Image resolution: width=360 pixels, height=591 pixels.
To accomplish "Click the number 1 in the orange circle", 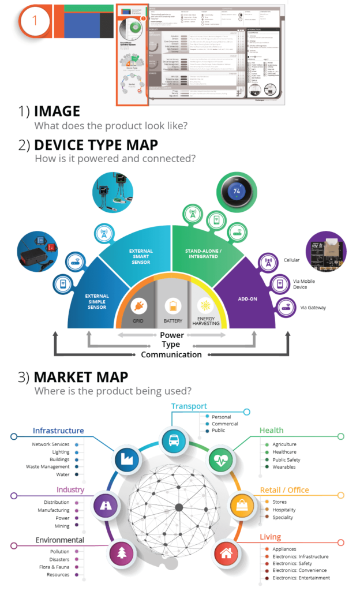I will point(35,21).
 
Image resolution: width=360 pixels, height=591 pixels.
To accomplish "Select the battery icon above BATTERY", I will point(172,305).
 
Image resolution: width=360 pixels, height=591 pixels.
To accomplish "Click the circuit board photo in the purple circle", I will point(326,253).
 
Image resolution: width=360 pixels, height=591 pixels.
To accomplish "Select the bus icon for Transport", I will point(173,442).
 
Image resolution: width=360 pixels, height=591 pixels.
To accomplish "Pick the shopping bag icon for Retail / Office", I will point(242,506).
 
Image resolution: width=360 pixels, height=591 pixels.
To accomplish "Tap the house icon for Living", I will point(226,552).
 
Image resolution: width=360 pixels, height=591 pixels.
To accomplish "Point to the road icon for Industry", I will point(105,506).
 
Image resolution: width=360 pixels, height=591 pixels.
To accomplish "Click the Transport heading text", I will point(189,406).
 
